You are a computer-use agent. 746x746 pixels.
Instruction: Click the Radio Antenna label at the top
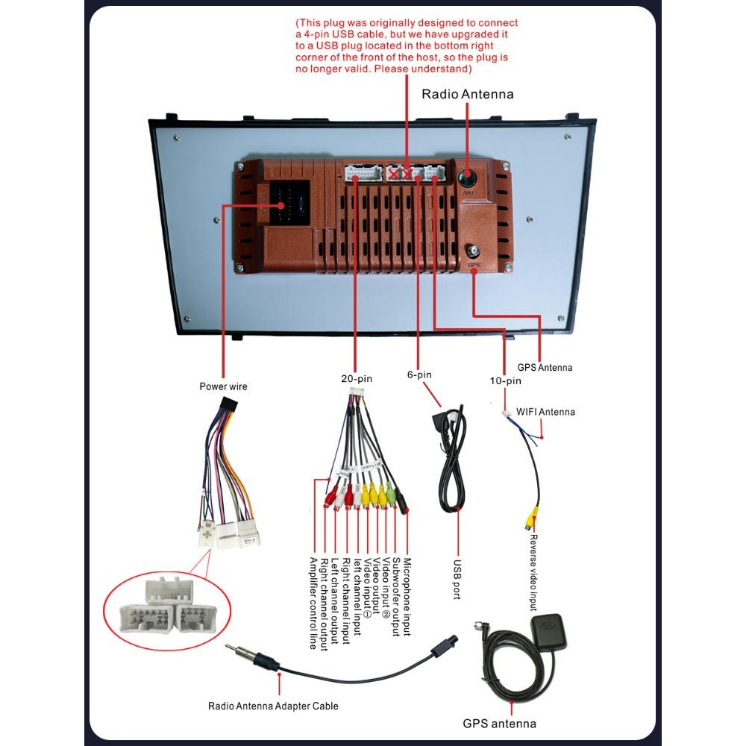(468, 94)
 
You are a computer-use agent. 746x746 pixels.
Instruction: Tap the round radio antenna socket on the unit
(467, 178)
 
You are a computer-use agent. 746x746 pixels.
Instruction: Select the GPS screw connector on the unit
(473, 251)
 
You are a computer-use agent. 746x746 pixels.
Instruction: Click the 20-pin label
(357, 378)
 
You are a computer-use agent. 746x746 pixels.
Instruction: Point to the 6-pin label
(419, 374)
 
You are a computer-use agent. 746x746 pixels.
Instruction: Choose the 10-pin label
(505, 380)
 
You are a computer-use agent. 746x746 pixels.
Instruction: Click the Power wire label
(223, 386)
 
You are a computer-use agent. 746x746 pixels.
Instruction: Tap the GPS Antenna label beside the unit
(545, 368)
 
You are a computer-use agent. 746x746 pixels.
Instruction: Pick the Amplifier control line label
(313, 603)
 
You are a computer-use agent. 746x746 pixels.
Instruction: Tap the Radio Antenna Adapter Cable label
(273, 706)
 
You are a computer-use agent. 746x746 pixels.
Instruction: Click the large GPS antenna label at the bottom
(499, 723)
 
